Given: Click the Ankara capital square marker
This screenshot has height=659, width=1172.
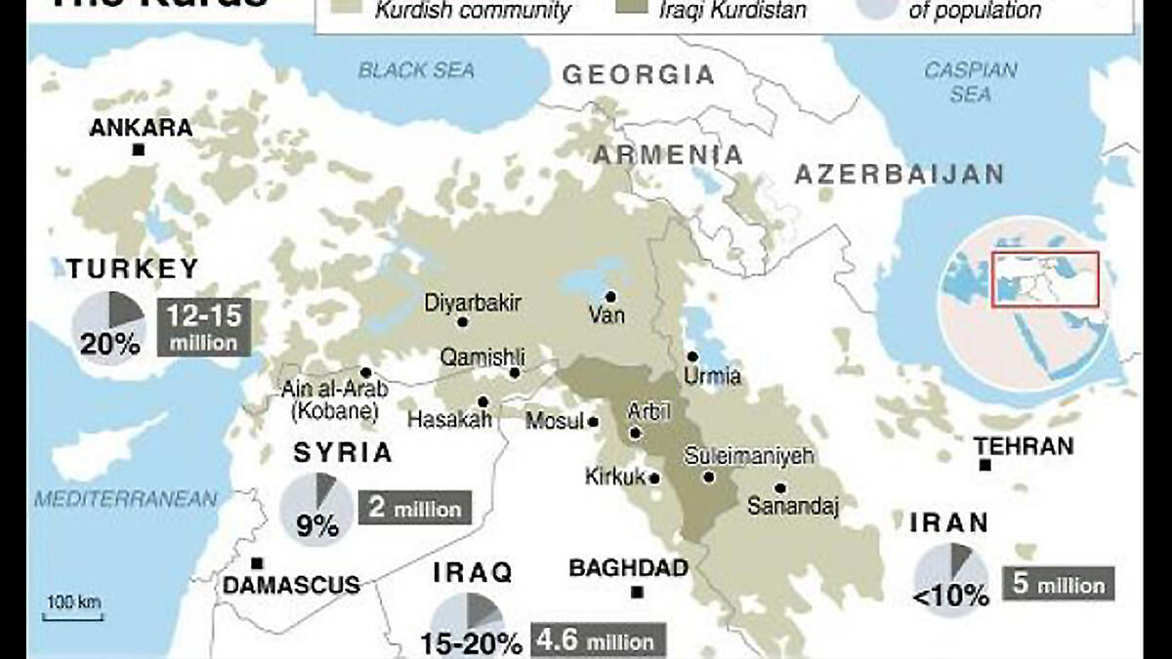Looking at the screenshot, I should click(139, 149).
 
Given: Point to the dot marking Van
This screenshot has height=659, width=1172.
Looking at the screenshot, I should click(610, 296).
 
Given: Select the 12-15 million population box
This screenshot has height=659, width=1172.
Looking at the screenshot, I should click(203, 327).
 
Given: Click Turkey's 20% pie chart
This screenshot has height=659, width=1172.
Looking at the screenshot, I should click(107, 328).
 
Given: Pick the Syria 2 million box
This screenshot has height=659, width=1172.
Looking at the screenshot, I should click(414, 509).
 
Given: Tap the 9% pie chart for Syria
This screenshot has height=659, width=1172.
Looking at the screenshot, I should click(315, 509).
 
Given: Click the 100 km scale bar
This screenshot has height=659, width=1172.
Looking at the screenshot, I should click(73, 615).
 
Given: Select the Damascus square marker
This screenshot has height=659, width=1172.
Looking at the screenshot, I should click(257, 563).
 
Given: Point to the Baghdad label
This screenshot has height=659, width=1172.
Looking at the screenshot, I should click(628, 568).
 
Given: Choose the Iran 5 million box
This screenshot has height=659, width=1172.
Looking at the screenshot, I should click(1059, 585).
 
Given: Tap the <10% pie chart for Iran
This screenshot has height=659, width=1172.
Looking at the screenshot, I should click(949, 577).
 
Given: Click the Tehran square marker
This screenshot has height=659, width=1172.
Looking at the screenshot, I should click(985, 466).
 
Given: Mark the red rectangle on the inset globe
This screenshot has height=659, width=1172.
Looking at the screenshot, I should click(1045, 279).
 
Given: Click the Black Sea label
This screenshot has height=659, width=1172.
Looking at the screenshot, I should click(416, 70).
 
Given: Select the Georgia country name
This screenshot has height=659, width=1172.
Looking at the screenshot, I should click(639, 75).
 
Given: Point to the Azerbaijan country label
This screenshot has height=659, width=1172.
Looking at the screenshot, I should click(899, 175).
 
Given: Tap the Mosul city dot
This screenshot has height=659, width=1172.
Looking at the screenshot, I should click(593, 423).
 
